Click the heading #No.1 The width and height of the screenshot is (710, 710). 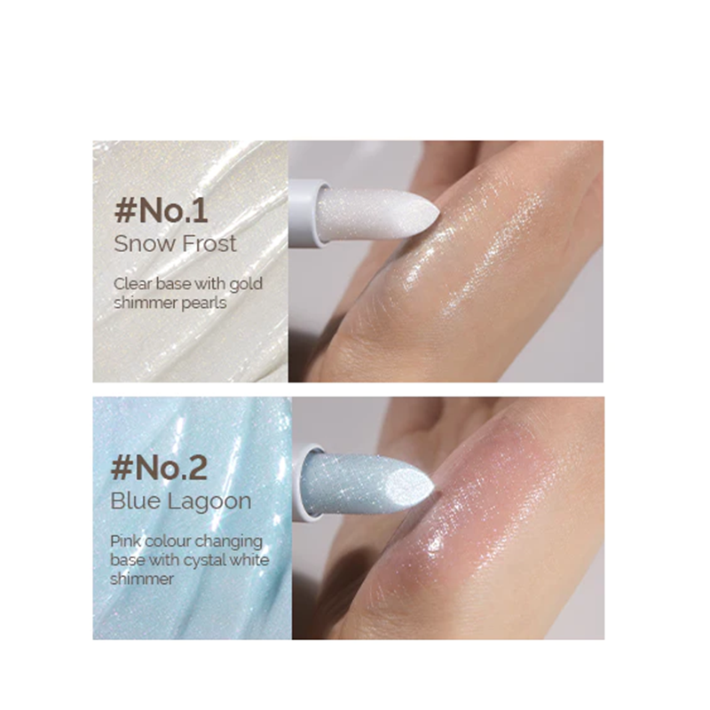[x=162, y=210]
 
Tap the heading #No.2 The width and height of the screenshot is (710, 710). [x=160, y=468]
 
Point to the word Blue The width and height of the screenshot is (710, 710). [x=136, y=501]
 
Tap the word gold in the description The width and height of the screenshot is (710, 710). [x=246, y=284]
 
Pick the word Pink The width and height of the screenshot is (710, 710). [x=125, y=541]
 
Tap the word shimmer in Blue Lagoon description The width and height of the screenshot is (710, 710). [x=142, y=579]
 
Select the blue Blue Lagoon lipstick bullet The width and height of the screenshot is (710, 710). [x=367, y=482]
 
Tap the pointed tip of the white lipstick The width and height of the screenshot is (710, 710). [x=438, y=211]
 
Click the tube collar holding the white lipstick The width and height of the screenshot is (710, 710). [x=308, y=214]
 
